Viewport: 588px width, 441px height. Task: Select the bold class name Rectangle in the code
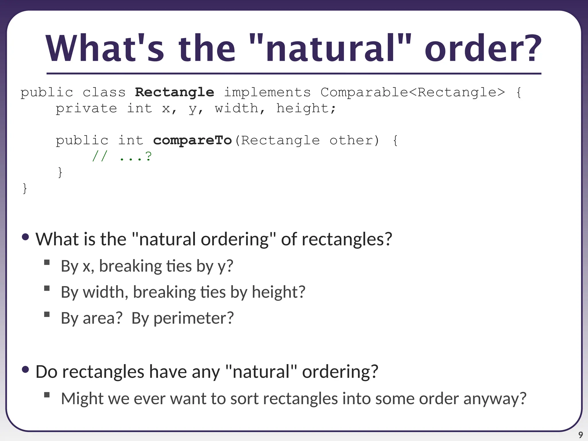pos(175,92)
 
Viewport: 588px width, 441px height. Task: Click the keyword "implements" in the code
pos(267,92)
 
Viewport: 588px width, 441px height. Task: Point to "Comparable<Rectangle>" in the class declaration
pos(413,92)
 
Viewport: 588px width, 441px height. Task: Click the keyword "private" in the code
pos(86,109)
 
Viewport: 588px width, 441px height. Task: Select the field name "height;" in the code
pos(306,109)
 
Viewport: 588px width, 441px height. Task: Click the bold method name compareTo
pos(192,140)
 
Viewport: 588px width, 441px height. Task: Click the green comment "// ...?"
pos(122,156)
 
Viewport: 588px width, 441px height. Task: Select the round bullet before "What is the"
pos(25,237)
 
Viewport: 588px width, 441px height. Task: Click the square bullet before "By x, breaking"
pos(47,262)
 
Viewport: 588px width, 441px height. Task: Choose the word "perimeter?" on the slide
pos(194,318)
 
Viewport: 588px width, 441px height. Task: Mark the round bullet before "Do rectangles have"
pos(25,370)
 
